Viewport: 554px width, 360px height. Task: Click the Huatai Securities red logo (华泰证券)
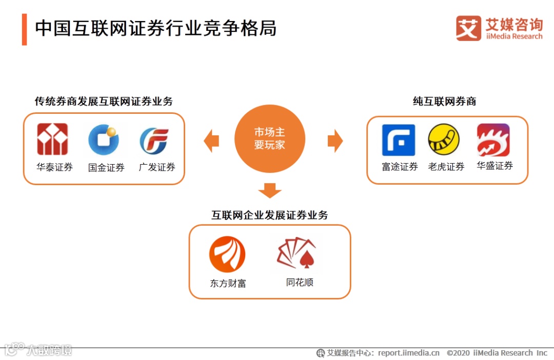(x=52, y=139)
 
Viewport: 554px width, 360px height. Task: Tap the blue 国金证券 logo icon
(x=104, y=139)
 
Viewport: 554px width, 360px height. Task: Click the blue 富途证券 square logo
(x=399, y=140)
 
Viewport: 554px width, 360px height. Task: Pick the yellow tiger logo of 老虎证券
(x=444, y=139)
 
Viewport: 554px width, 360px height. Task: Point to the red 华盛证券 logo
(x=493, y=140)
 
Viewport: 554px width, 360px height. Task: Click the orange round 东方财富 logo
(x=227, y=254)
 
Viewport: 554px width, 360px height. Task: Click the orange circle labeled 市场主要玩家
(x=270, y=139)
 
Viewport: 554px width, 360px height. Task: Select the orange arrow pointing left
(x=211, y=141)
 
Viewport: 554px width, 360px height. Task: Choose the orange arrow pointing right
(x=335, y=141)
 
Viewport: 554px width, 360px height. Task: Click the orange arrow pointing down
(x=270, y=190)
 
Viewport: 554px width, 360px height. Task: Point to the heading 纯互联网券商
(x=444, y=101)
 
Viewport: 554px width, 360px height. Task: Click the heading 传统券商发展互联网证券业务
(x=104, y=101)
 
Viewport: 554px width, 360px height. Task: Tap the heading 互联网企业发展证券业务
(x=270, y=215)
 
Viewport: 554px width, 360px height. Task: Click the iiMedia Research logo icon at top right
(x=468, y=28)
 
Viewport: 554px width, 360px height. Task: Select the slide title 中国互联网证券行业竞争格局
(x=156, y=29)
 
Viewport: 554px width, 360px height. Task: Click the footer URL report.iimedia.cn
(x=409, y=353)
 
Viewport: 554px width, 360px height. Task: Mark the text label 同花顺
(x=300, y=282)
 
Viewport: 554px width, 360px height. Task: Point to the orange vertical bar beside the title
(x=24, y=29)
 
